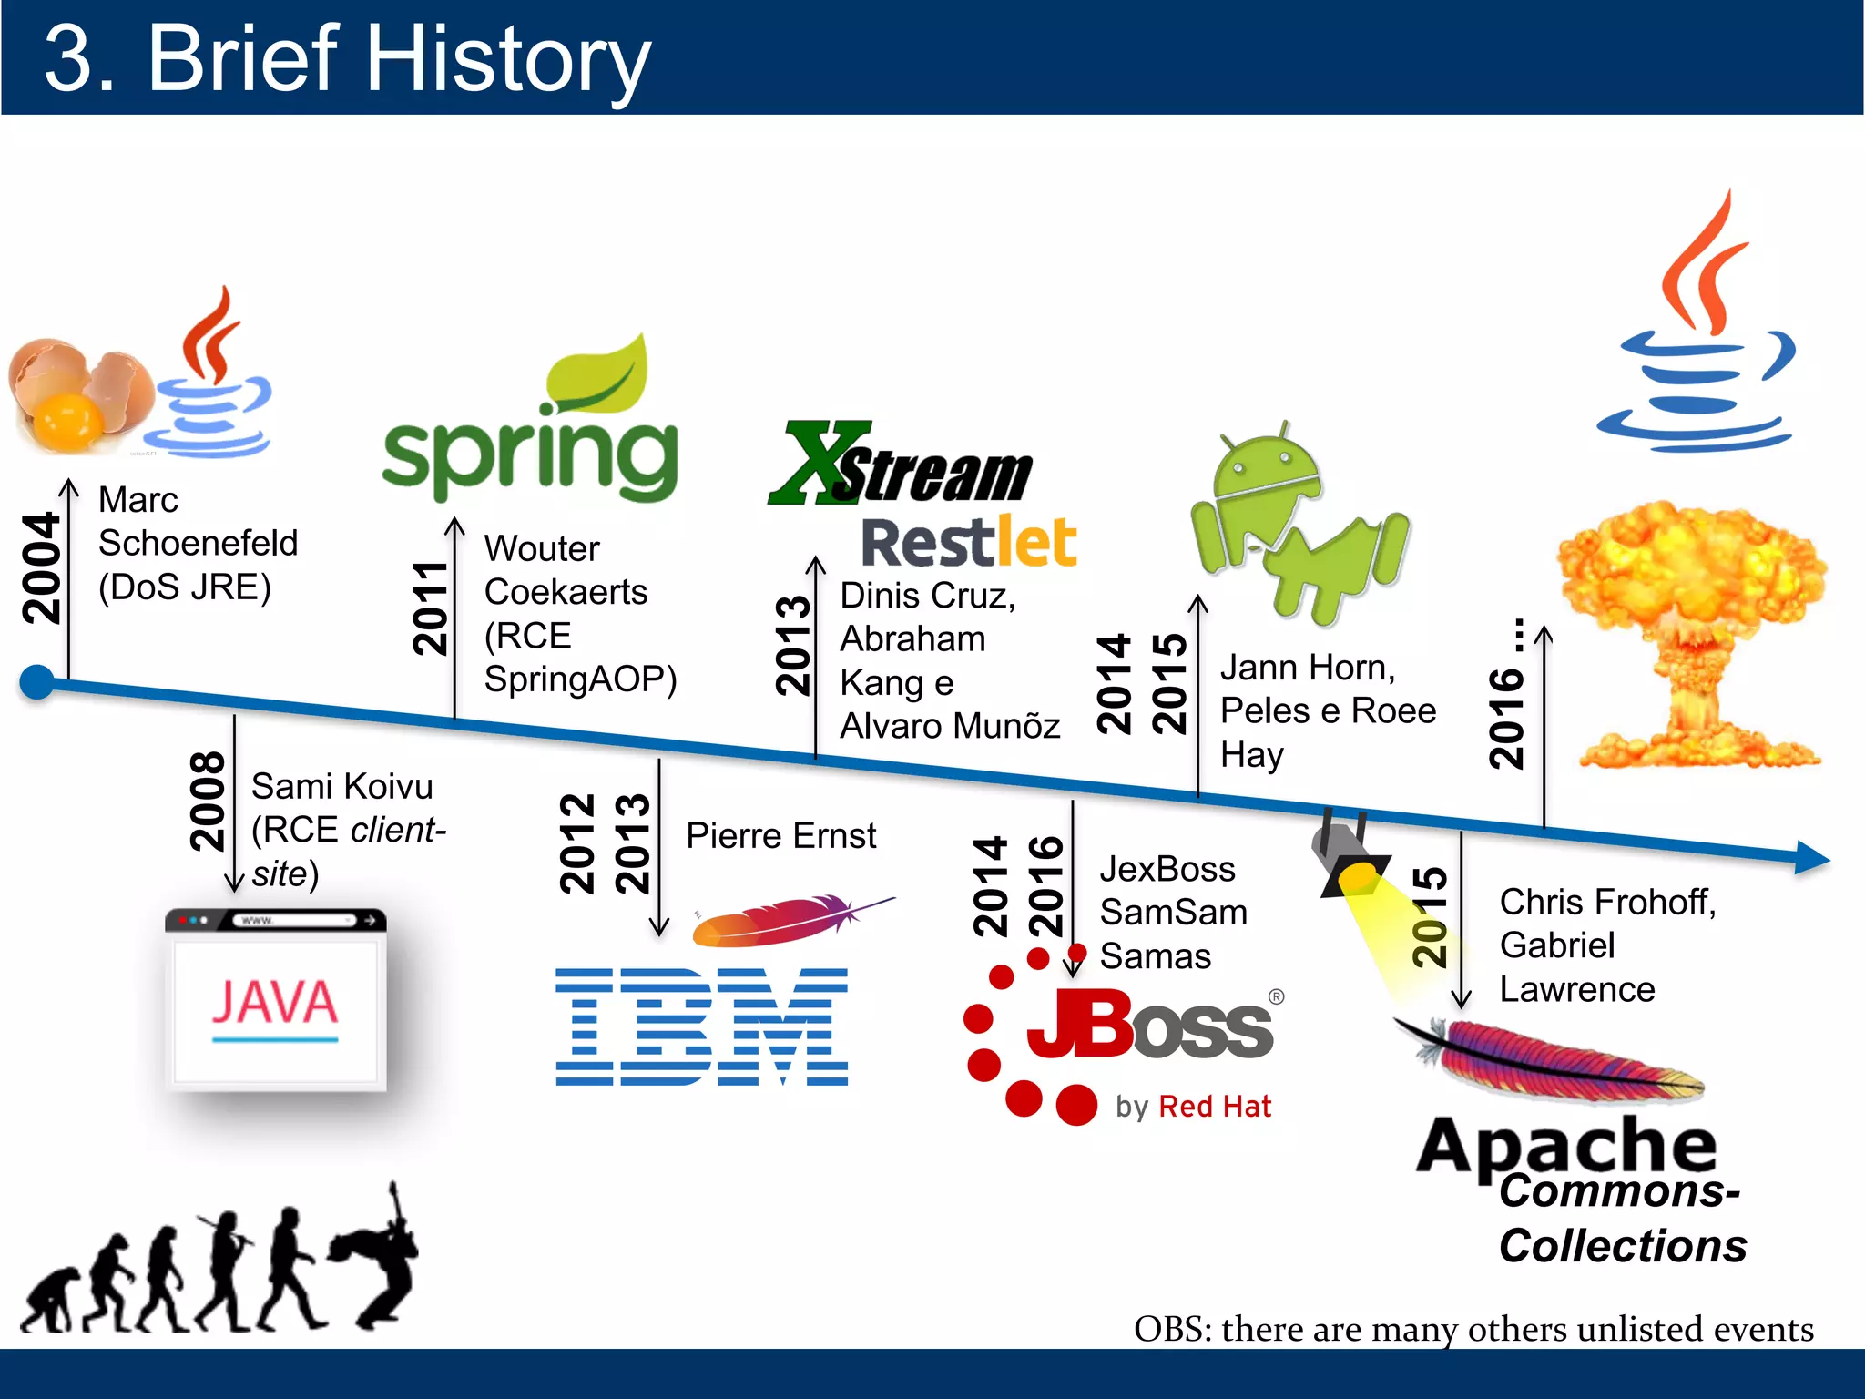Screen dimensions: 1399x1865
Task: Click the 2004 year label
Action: pos(41,568)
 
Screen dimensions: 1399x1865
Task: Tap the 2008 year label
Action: pos(208,802)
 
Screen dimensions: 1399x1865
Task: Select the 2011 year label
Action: pos(430,608)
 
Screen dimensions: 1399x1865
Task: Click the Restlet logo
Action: pos(969,543)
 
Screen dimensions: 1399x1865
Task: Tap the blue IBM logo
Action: pos(701,1026)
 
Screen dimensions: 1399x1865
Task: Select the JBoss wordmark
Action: pos(1149,1027)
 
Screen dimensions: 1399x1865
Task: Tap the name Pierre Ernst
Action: pos(780,835)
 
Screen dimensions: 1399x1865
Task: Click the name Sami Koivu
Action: pos(341,786)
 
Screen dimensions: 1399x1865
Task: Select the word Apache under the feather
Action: pos(1566,1145)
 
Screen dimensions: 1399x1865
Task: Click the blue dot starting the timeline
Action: pos(37,681)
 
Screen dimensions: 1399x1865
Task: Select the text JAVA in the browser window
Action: pos(275,1003)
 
